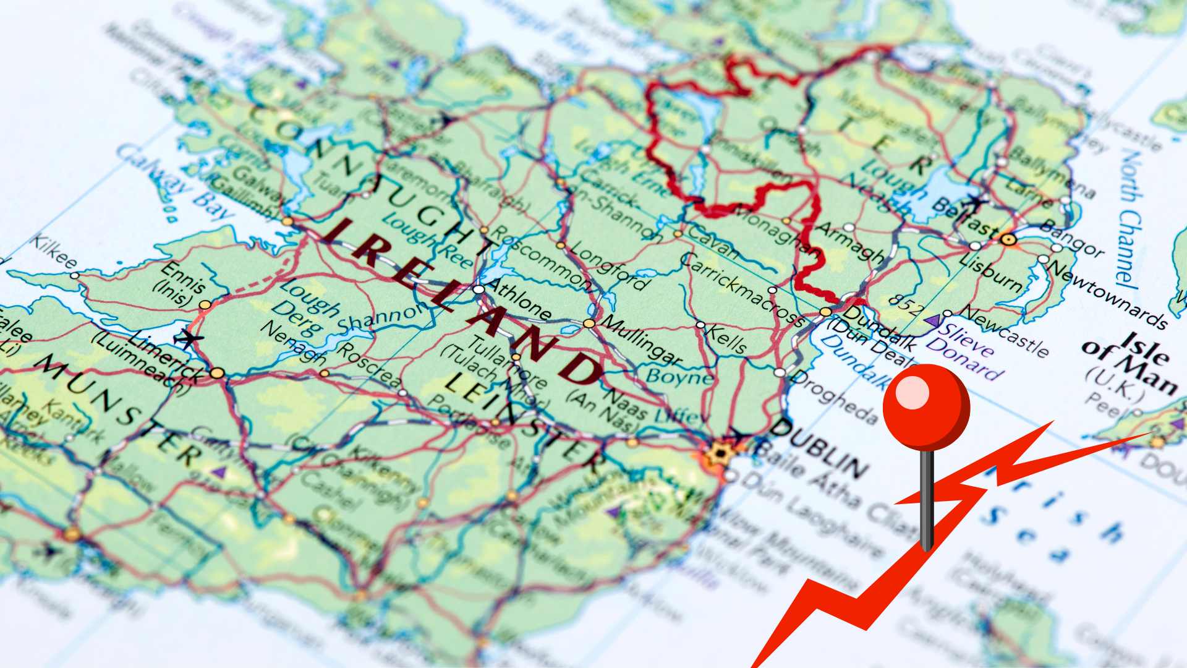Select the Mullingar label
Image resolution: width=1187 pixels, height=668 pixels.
pyautogui.click(x=642, y=341)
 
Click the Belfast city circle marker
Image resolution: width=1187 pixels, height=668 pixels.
pyautogui.click(x=1009, y=239)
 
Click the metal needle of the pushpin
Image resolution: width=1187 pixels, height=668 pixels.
pyautogui.click(x=926, y=501)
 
